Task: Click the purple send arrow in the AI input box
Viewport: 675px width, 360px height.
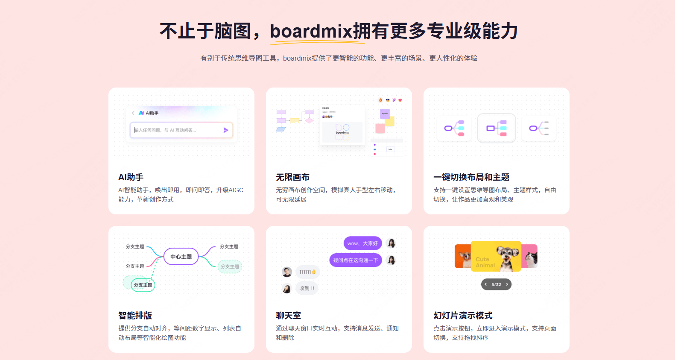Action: pyautogui.click(x=226, y=130)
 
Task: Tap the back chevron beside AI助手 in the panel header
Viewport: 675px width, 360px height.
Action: pyautogui.click(x=133, y=113)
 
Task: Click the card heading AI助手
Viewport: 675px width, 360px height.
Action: pyautogui.click(x=131, y=177)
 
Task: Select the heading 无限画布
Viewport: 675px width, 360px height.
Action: pyautogui.click(x=292, y=177)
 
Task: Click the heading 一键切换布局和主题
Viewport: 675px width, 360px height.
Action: pyautogui.click(x=471, y=177)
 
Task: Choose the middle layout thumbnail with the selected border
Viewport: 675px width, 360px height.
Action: pyautogui.click(x=497, y=128)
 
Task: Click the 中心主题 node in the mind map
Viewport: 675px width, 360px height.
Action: pyautogui.click(x=181, y=257)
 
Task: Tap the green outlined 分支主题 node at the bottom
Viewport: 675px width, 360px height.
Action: pyautogui.click(x=143, y=285)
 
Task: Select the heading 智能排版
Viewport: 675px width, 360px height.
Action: pyautogui.click(x=135, y=316)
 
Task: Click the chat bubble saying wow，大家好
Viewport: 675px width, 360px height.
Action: pyautogui.click(x=362, y=243)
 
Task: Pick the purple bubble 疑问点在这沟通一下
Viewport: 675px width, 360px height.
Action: pyautogui.click(x=355, y=260)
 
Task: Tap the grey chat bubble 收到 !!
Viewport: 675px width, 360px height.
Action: pyautogui.click(x=307, y=288)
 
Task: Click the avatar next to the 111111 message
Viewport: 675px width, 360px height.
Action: pyautogui.click(x=287, y=272)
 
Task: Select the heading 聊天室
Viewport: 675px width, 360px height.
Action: pyautogui.click(x=288, y=316)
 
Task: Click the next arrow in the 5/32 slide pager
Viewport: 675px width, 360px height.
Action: pyautogui.click(x=507, y=284)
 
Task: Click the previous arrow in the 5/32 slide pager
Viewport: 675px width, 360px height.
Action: pyautogui.click(x=485, y=284)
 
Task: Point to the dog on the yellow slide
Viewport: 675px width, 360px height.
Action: pyautogui.click(x=507, y=257)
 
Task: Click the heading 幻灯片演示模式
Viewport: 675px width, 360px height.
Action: pyautogui.click(x=463, y=316)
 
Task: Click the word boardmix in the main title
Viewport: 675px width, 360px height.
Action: pyautogui.click(x=311, y=31)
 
